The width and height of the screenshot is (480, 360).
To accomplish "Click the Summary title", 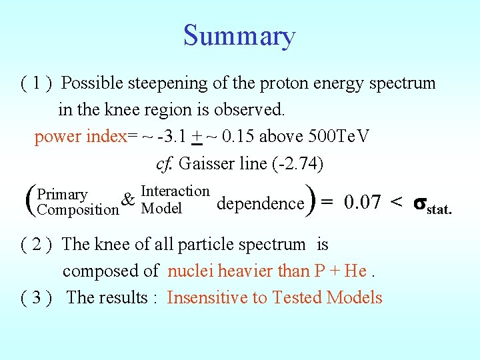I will (x=239, y=35).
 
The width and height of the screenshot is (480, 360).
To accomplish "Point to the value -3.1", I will (x=171, y=137).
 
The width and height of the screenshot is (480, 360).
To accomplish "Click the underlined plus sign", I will (x=196, y=137).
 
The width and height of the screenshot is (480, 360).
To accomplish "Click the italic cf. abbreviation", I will (x=164, y=163).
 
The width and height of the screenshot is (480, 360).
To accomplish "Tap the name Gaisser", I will (x=203, y=163).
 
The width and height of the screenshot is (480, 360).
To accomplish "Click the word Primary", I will (x=63, y=195).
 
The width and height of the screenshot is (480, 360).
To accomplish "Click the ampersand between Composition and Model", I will (x=130, y=200).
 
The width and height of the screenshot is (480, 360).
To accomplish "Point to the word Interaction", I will (x=175, y=192).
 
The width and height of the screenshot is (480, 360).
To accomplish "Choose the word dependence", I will (x=260, y=203).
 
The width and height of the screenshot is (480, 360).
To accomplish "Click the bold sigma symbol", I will (x=420, y=203).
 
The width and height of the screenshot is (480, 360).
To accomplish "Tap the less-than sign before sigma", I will (x=396, y=202).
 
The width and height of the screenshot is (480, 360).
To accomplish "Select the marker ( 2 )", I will (x=37, y=245).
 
